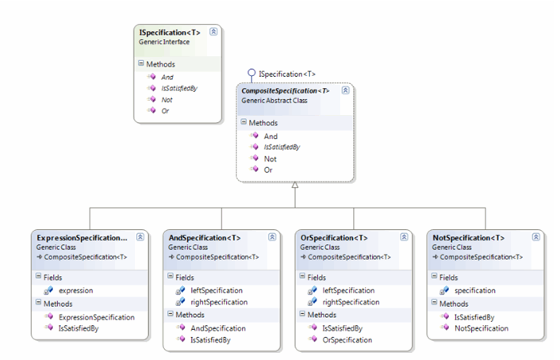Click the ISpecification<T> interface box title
click(169, 32)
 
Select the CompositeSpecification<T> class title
click(285, 91)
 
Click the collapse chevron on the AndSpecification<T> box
click(272, 237)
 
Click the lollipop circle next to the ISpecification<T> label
click(251, 74)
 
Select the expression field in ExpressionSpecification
click(75, 290)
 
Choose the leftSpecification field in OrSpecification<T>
click(348, 290)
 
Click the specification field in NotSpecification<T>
click(476, 290)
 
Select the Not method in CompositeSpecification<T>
click(270, 159)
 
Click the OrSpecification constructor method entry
click(347, 339)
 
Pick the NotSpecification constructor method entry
click(481, 328)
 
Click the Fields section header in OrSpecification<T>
click(316, 277)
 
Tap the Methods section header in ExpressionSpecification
click(57, 304)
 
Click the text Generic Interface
click(164, 41)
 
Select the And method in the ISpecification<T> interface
click(167, 77)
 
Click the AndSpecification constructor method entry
click(217, 328)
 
